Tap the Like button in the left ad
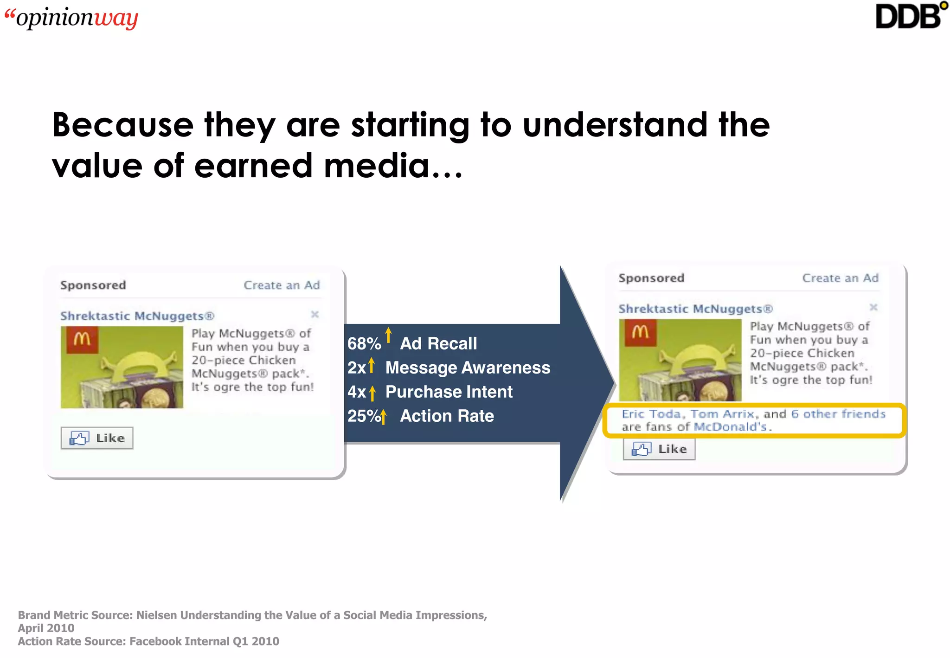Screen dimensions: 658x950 point(97,438)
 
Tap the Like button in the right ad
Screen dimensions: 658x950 point(659,449)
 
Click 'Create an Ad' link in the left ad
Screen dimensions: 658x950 point(282,285)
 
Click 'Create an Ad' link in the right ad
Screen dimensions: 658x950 point(840,278)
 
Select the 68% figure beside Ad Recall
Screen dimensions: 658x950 point(364,344)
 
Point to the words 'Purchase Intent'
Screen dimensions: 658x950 point(449,392)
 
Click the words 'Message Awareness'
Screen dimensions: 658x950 point(468,368)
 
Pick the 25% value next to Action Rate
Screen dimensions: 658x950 point(364,416)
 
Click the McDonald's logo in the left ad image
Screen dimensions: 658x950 point(82,340)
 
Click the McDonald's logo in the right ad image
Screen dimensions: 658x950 point(640,332)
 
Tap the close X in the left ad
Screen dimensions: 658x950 point(315,315)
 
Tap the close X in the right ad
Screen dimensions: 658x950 point(873,307)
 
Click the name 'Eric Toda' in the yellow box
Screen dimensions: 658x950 point(651,414)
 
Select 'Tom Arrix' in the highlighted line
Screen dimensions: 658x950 point(722,414)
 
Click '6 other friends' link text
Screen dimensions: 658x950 point(838,414)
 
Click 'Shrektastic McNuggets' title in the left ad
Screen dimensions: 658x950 point(137,316)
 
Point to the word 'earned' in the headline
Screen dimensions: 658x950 point(253,166)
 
